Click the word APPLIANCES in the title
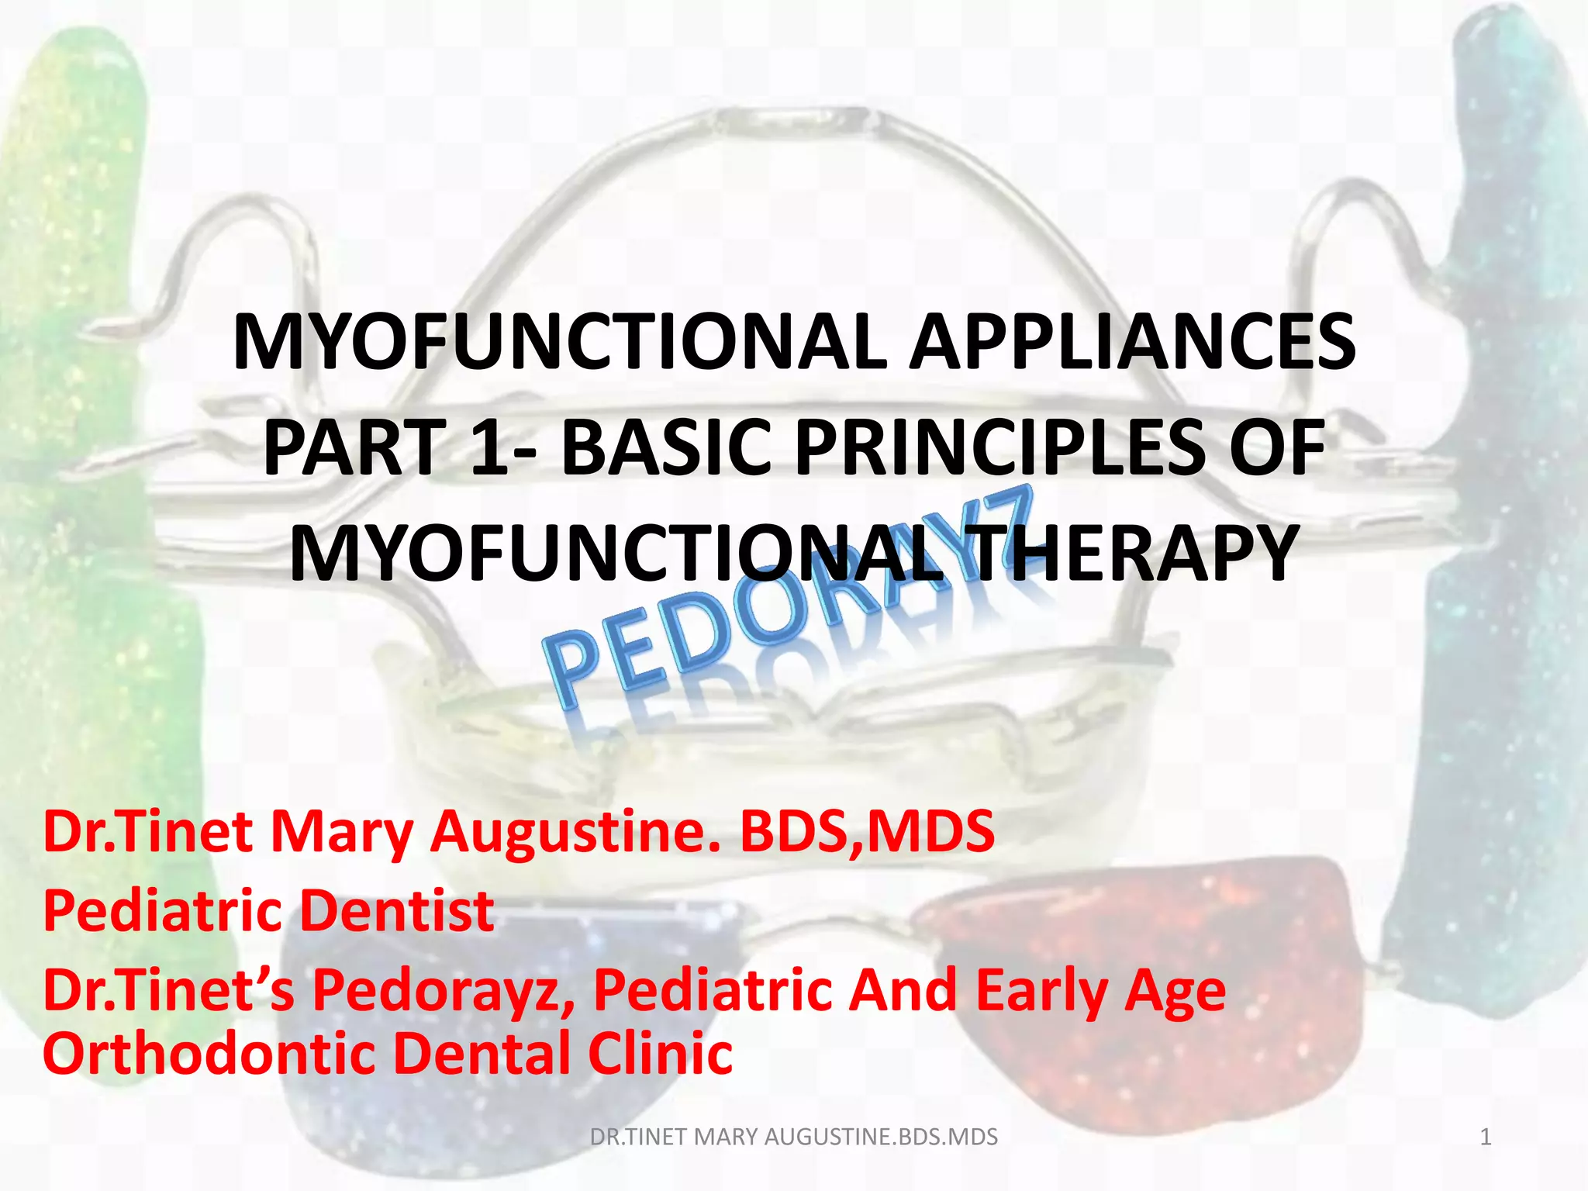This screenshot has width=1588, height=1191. click(1132, 343)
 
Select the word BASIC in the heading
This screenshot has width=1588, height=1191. click(666, 448)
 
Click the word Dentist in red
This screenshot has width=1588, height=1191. click(396, 911)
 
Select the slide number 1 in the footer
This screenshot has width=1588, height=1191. click(1486, 1137)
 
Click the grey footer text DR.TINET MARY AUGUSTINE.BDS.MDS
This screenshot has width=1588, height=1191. click(793, 1137)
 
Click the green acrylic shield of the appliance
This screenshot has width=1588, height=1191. click(85, 388)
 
